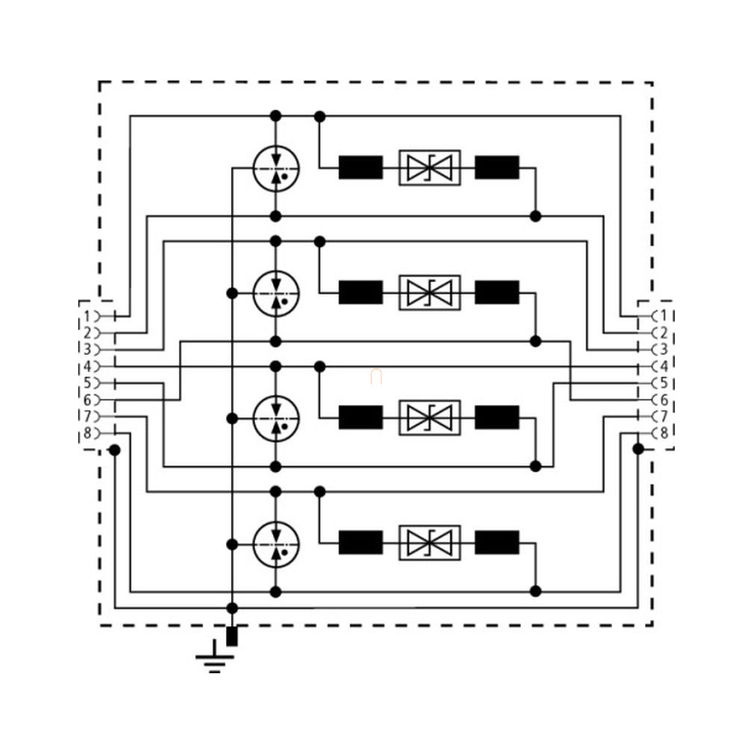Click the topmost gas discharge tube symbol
click(275, 167)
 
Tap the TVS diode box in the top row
click(429, 167)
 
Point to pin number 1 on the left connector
click(88, 316)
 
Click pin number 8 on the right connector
click(664, 433)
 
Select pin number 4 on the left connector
click(88, 366)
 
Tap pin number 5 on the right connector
click(664, 383)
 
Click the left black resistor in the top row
click(361, 167)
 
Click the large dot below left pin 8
click(114, 450)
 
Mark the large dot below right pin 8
click(638, 449)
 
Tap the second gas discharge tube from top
click(275, 292)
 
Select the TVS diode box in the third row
click(429, 418)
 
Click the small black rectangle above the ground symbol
click(232, 636)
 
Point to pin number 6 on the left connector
click(88, 400)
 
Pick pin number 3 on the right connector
click(664, 350)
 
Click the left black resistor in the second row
click(361, 292)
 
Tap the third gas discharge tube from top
click(275, 418)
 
